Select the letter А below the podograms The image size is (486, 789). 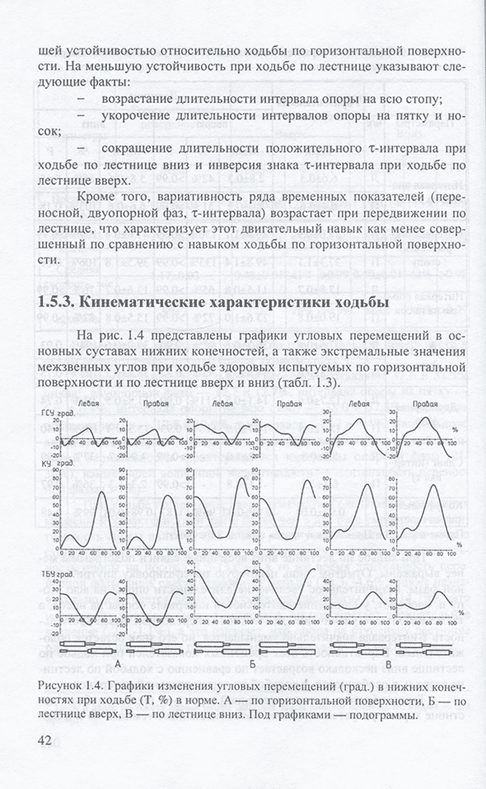point(119,663)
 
